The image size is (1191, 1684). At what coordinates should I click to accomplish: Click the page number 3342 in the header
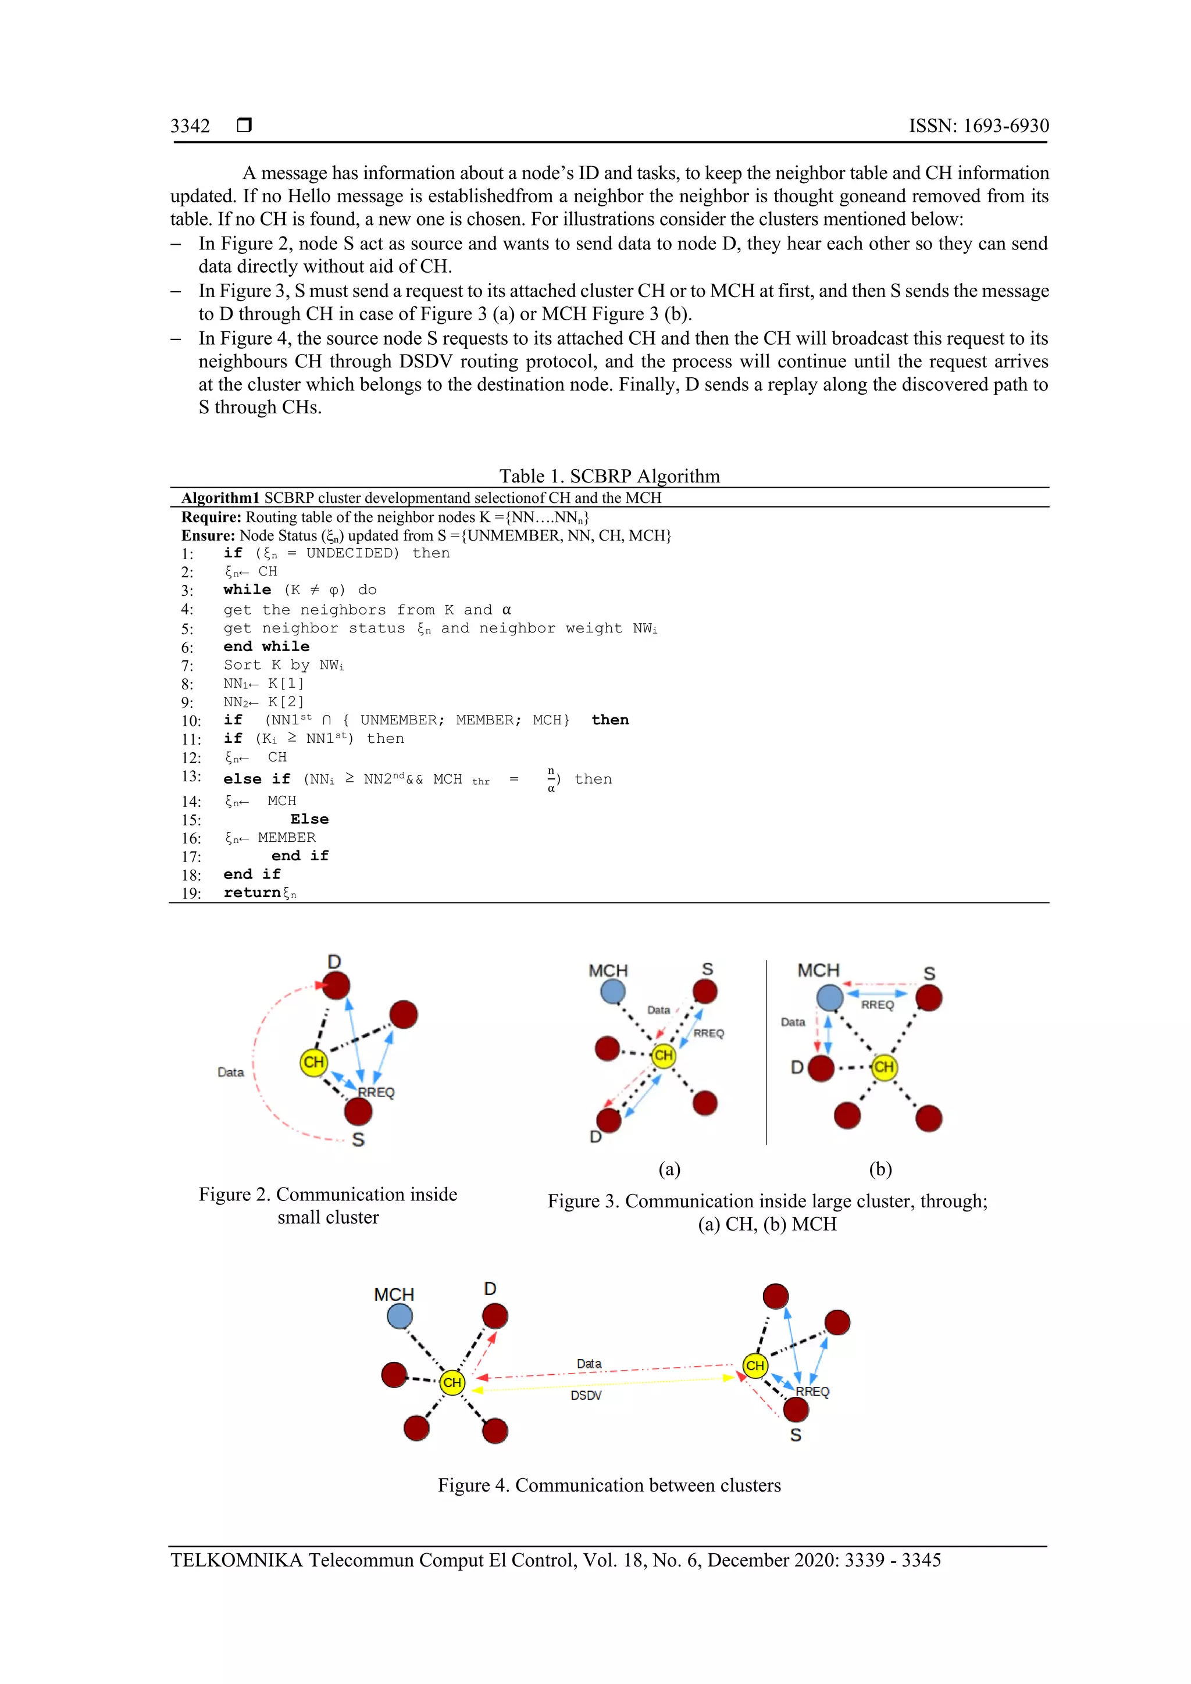coord(190,126)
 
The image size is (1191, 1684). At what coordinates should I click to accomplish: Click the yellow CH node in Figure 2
coord(313,1062)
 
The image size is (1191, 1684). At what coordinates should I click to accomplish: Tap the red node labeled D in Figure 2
coord(336,985)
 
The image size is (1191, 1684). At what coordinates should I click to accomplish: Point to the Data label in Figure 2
coord(230,1072)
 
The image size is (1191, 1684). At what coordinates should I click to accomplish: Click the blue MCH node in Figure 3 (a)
coord(613,992)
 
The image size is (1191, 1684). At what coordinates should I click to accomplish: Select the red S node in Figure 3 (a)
coord(705,992)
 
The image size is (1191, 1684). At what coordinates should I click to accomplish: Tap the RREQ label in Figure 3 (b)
coord(878,1006)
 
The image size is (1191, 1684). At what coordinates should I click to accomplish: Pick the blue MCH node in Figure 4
coord(399,1316)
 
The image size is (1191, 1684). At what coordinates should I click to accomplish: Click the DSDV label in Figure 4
coord(586,1395)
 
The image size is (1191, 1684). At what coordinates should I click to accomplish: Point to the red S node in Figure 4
coord(796,1409)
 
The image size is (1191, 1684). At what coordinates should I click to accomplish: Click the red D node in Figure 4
coord(495,1316)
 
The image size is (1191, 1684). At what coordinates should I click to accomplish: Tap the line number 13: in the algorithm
coord(191,776)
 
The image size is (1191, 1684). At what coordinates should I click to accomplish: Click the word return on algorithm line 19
coord(252,893)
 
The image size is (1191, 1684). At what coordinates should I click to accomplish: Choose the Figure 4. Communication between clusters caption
coord(609,1485)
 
